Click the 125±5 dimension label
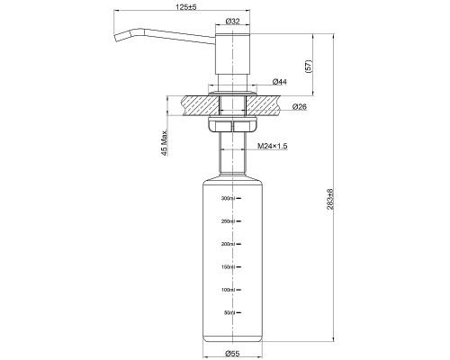(x=186, y=7)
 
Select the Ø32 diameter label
(x=232, y=21)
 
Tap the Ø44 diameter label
(x=280, y=81)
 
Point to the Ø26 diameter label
(x=300, y=106)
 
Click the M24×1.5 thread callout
(x=273, y=146)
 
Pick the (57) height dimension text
(x=309, y=66)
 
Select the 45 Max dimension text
(x=165, y=143)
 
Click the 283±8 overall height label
(x=330, y=199)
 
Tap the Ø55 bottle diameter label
(x=232, y=354)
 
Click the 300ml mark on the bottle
(x=228, y=198)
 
